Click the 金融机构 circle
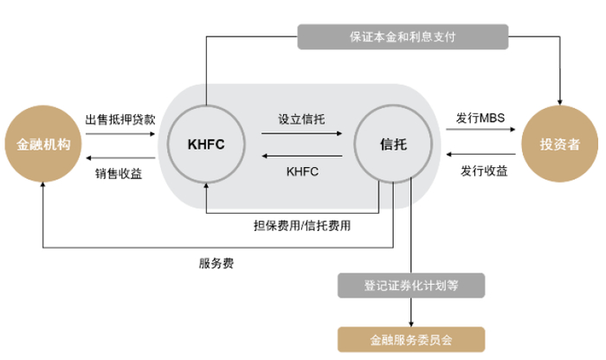pos(42,145)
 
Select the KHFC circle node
pos(206,145)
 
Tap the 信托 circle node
pos(392,145)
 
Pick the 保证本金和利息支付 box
pos(401,37)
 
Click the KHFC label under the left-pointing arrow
pos(301,171)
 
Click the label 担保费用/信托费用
pos(302,223)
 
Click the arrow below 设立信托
pos(300,133)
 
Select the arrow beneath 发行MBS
pos(481,132)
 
